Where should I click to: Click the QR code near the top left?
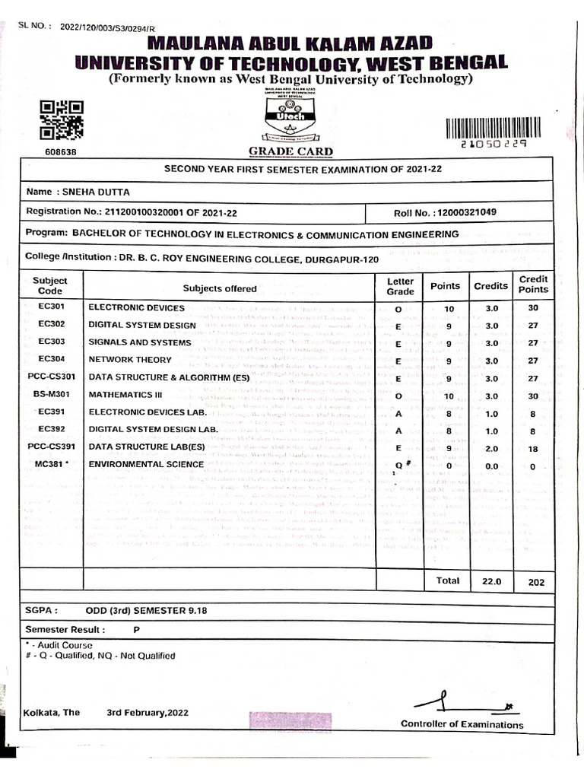coord(62,120)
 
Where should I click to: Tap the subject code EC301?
coord(51,307)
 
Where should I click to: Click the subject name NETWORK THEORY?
coord(130,360)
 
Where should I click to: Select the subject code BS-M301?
coord(51,394)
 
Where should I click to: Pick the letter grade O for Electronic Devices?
coord(398,309)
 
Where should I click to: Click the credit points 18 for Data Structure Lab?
coord(533,450)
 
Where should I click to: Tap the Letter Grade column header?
coord(400,286)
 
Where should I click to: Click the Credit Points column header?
coord(533,284)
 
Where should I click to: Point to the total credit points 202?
coord(536,582)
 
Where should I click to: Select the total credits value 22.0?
coord(490,581)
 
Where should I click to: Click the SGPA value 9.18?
coord(194,610)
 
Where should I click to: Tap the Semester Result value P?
coord(137,630)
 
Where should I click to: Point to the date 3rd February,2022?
coord(148,713)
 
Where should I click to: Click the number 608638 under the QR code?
coord(62,151)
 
